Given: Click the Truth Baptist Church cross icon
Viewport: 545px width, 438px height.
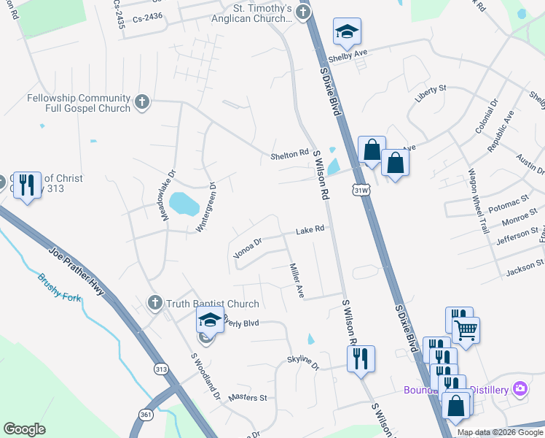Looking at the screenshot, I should coord(154,303).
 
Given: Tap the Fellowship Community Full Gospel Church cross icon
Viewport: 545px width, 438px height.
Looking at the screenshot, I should coord(142,102).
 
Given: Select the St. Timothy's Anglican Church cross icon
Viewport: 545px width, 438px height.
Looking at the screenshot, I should coord(302,12).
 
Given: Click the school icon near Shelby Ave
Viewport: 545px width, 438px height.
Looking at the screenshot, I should coord(348,32).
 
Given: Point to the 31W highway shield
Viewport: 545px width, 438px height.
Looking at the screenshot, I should coord(360,191).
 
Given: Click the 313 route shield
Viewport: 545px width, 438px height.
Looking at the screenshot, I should coord(162,369).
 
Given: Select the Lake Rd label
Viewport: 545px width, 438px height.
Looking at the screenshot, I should coord(309,230).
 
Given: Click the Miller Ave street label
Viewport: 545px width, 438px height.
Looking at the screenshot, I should coord(297,280).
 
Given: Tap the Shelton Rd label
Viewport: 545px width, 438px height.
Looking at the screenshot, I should coord(289,154).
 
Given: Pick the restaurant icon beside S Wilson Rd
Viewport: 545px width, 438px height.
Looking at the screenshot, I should coord(361,359).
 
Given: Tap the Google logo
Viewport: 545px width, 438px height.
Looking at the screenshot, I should coord(24,429).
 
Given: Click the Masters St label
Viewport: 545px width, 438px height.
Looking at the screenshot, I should coord(248,398).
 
